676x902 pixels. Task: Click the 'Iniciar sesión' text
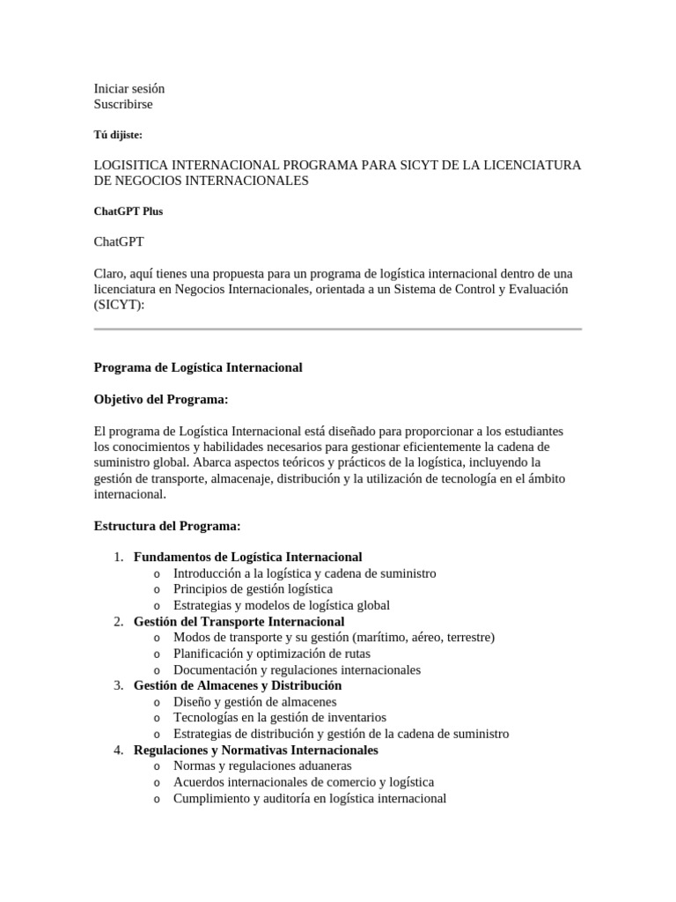tap(129, 89)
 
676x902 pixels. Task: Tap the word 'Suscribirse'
tap(123, 105)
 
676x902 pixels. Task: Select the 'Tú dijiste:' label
tap(118, 135)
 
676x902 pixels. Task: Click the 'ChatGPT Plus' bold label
tap(129, 211)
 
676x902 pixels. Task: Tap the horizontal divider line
tap(338, 329)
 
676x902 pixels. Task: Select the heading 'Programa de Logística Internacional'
tap(198, 367)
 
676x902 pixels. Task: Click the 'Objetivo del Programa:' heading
tap(161, 400)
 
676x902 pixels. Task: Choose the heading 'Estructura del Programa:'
tap(167, 526)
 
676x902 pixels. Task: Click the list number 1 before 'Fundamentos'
tap(118, 558)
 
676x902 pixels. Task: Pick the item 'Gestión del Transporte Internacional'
tap(239, 622)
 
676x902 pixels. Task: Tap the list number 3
tap(118, 686)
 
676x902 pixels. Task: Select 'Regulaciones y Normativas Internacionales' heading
tap(256, 750)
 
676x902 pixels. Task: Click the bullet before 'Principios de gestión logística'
tap(157, 590)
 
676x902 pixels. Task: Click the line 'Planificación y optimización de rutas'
tap(272, 654)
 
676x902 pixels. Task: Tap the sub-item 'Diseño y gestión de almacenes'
tap(254, 702)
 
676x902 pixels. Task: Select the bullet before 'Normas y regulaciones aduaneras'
tap(157, 767)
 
